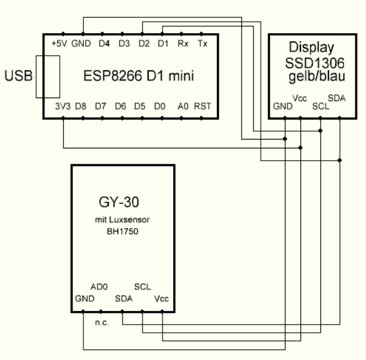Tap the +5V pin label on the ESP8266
point(60,44)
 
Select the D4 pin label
point(104,44)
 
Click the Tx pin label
point(203,44)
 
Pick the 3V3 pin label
point(61,108)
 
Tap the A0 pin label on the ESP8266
point(183,108)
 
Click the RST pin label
point(202,108)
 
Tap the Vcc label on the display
point(299,99)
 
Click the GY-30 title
point(122,205)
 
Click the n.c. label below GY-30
point(101,324)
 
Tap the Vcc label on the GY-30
point(161,298)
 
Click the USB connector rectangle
point(47,76)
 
